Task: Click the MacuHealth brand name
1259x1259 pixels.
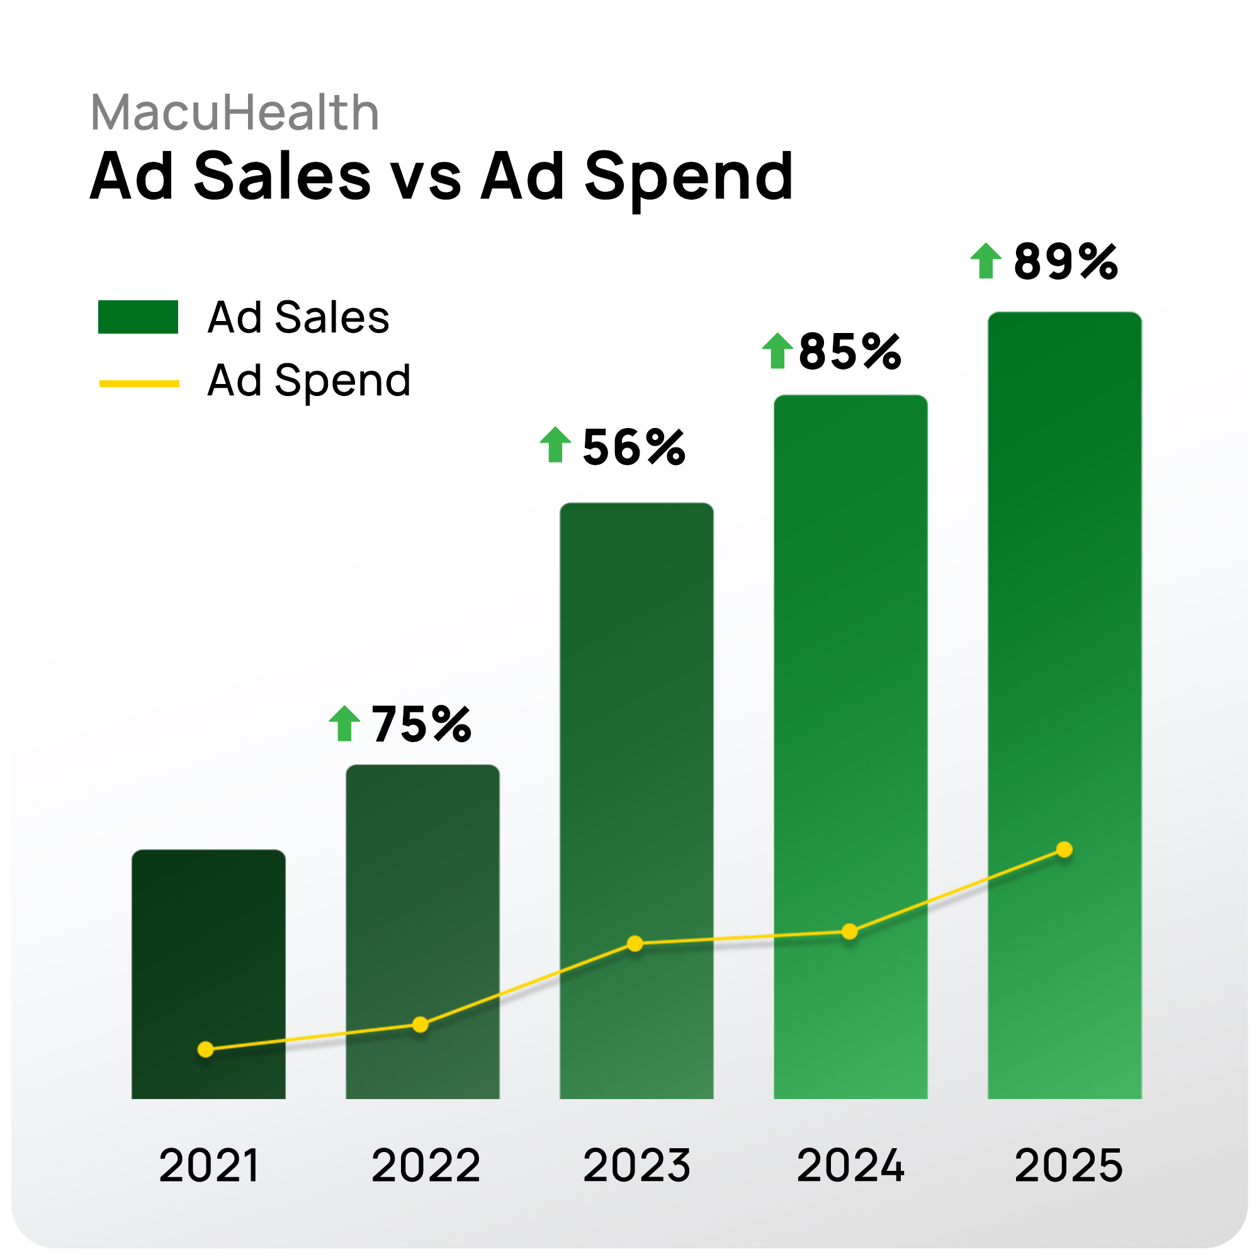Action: coord(235,113)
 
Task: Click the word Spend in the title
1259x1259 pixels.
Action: coord(689,177)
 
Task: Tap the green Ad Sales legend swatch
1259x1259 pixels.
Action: coord(138,317)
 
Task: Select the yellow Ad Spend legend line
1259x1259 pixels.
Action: coord(138,384)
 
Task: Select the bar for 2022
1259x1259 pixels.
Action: coord(422,912)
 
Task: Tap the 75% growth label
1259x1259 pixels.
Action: coord(421,725)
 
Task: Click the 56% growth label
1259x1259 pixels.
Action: coord(633,448)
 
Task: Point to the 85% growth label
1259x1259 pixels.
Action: coord(850,352)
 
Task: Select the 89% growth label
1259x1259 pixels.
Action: coord(1066,262)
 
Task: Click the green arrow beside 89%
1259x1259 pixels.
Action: coord(985,261)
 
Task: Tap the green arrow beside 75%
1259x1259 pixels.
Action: coord(344,723)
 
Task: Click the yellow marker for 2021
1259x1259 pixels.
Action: coord(205,1049)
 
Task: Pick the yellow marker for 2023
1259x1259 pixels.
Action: coord(635,944)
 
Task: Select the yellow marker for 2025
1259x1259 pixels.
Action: coord(1064,850)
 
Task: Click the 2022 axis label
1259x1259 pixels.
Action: coord(426,1165)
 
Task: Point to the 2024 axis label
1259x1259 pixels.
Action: coord(850,1165)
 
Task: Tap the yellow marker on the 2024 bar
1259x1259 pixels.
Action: coord(849,932)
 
